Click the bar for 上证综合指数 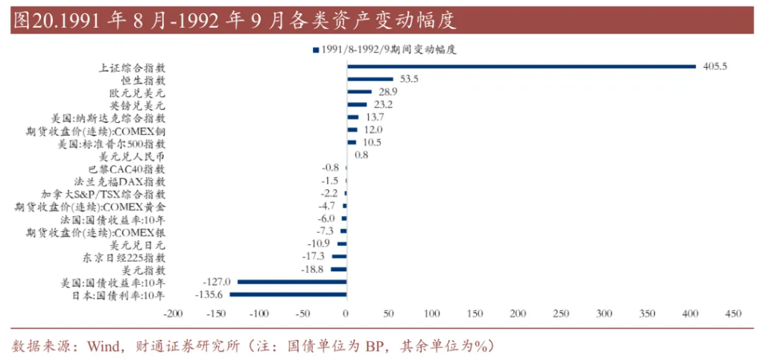point(521,66)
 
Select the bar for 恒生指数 point(370,79)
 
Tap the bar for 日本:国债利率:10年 point(288,295)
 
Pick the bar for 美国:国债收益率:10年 point(291,282)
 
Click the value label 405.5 point(715,66)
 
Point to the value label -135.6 point(211,295)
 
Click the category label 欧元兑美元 point(137,92)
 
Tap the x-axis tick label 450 point(732,313)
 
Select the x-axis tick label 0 point(346,313)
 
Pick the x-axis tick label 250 point(561,313)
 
